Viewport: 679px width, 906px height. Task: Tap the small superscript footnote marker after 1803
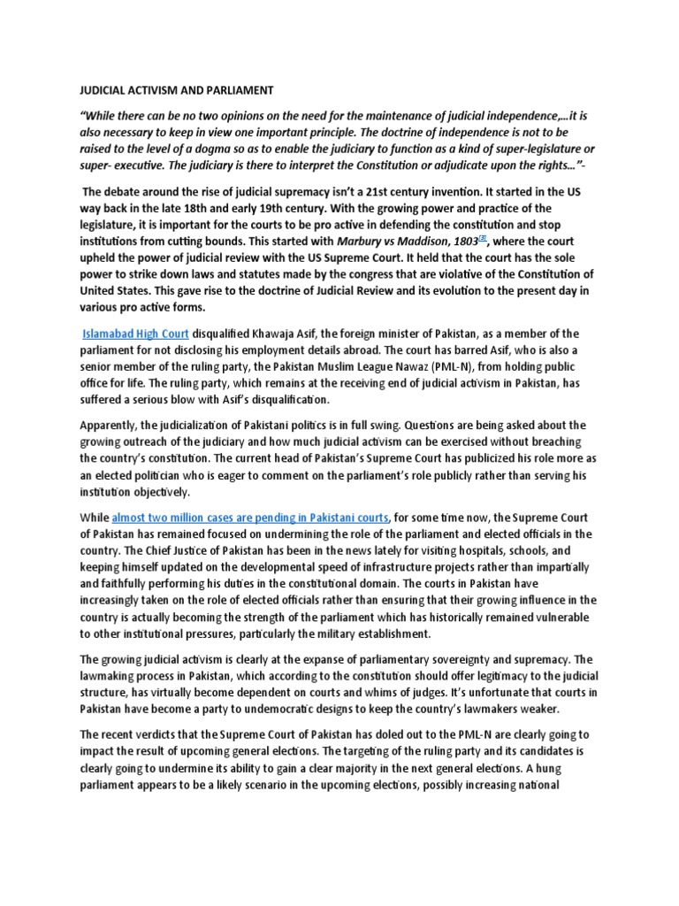(x=458, y=238)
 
